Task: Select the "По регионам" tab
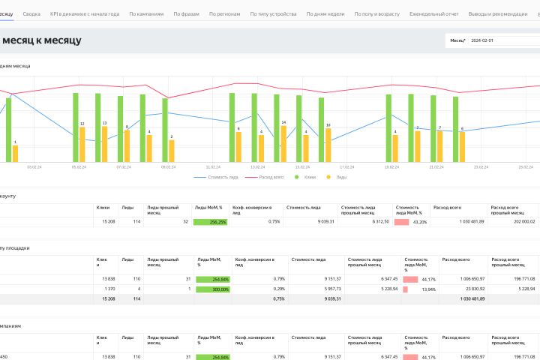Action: click(x=226, y=14)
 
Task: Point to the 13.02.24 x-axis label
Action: click(x=257, y=167)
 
